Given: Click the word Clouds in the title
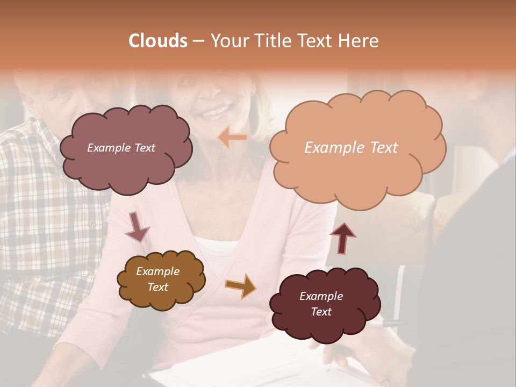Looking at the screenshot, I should pyautogui.click(x=158, y=41).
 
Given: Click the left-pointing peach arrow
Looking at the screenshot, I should pyautogui.click(x=232, y=138).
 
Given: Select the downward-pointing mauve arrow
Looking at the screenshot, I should pyautogui.click(x=137, y=226).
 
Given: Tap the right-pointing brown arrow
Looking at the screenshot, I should pyautogui.click(x=240, y=285).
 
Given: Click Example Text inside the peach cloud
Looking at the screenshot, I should pyautogui.click(x=351, y=148).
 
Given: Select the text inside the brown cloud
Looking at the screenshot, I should pyautogui.click(x=157, y=279).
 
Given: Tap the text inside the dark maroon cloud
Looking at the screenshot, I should pyautogui.click(x=321, y=304).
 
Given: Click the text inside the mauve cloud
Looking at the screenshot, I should pyautogui.click(x=121, y=148).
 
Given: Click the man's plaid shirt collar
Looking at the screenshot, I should pyautogui.click(x=32, y=129).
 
